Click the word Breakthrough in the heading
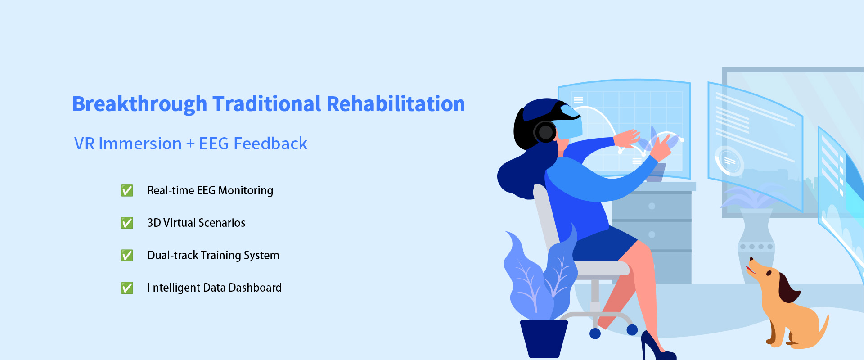(x=139, y=104)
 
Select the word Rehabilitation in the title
(x=396, y=104)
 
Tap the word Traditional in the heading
(x=267, y=104)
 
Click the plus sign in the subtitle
(x=190, y=144)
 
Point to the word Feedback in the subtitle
(x=270, y=144)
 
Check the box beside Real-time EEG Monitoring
(x=127, y=190)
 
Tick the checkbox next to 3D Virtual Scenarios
(x=127, y=223)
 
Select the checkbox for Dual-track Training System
(x=127, y=255)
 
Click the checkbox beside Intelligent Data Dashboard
(x=127, y=288)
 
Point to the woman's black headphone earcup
(x=545, y=132)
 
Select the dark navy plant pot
(x=544, y=338)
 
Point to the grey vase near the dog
(x=757, y=245)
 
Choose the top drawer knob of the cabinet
(x=652, y=206)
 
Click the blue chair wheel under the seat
(x=595, y=333)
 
